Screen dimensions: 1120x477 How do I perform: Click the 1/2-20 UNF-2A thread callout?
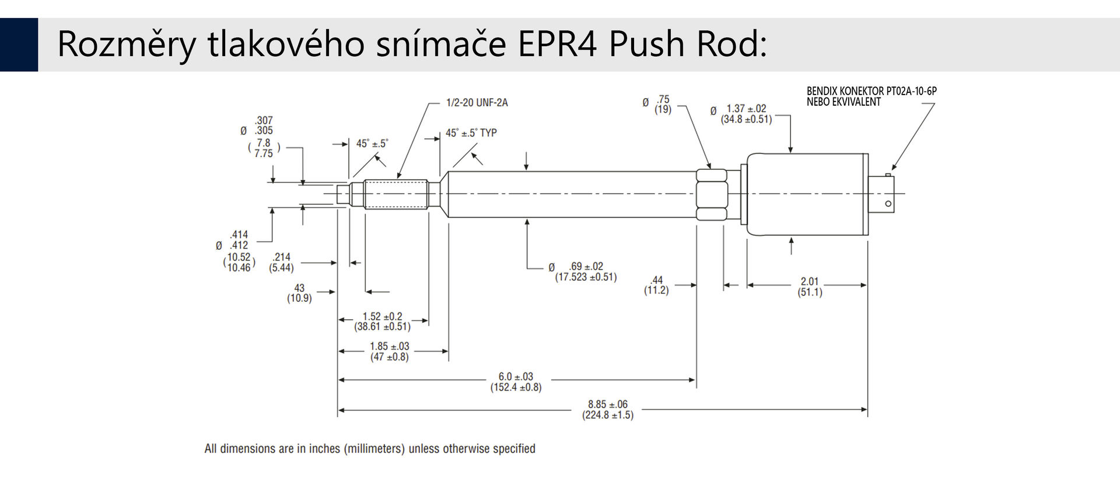click(477, 103)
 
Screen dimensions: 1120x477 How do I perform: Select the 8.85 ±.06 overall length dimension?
click(607, 409)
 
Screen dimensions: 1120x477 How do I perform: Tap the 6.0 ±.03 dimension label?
click(516, 382)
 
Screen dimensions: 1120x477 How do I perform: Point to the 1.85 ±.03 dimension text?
click(389, 351)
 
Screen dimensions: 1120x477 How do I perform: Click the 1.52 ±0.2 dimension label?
click(382, 321)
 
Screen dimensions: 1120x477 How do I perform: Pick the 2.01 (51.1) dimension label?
click(810, 287)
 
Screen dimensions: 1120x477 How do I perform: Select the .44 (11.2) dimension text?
click(656, 285)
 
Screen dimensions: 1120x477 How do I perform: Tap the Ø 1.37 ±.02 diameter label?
click(741, 114)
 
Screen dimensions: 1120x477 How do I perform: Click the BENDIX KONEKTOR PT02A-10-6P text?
click(871, 91)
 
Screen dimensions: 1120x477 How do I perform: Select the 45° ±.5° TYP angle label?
click(471, 133)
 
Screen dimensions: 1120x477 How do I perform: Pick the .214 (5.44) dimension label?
click(281, 262)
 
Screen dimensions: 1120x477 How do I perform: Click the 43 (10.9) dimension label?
click(299, 293)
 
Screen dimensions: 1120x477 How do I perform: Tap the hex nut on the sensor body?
click(712, 194)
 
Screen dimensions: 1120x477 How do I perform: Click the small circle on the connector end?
click(888, 204)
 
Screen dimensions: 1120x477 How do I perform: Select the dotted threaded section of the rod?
click(396, 194)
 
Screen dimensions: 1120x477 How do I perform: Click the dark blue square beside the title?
click(19, 44)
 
